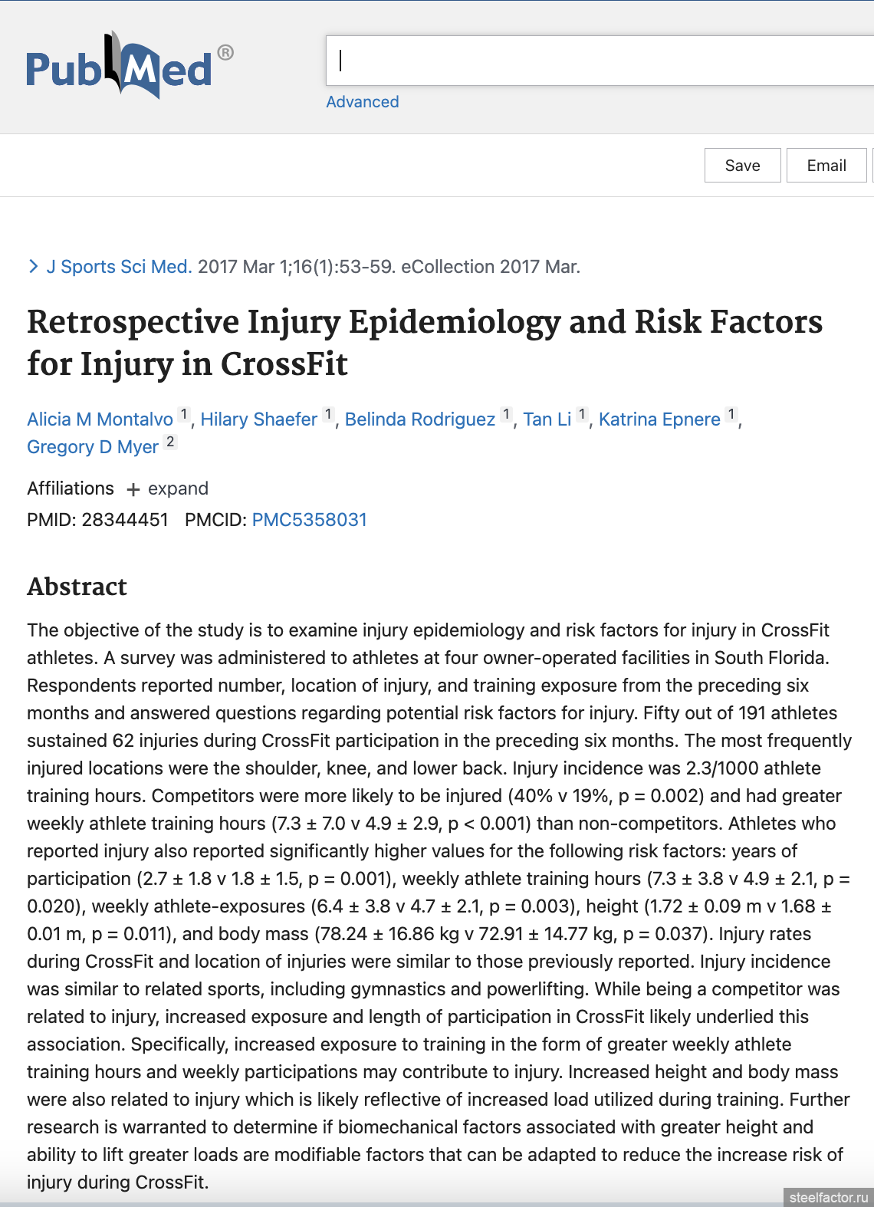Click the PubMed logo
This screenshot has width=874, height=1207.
tap(120, 67)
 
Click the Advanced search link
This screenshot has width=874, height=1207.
tap(362, 102)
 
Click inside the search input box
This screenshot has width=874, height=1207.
tap(598, 61)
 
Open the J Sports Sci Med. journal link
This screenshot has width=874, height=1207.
tap(119, 267)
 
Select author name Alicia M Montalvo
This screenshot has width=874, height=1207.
tap(100, 419)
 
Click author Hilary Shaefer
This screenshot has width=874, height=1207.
tap(258, 419)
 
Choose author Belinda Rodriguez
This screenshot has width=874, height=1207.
tap(419, 419)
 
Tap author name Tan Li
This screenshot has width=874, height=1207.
tap(547, 419)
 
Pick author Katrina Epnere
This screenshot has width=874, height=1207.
tap(659, 419)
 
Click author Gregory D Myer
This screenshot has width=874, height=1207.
tap(93, 447)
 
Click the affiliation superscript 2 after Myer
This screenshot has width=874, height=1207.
tap(170, 442)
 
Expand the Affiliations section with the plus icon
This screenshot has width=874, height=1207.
tap(133, 489)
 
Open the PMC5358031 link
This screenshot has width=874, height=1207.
tap(309, 520)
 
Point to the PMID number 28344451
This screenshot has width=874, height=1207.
tap(125, 520)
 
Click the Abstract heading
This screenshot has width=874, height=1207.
tap(77, 587)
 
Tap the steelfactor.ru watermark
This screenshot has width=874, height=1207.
tap(828, 1197)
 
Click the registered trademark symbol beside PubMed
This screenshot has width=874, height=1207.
tap(225, 53)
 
